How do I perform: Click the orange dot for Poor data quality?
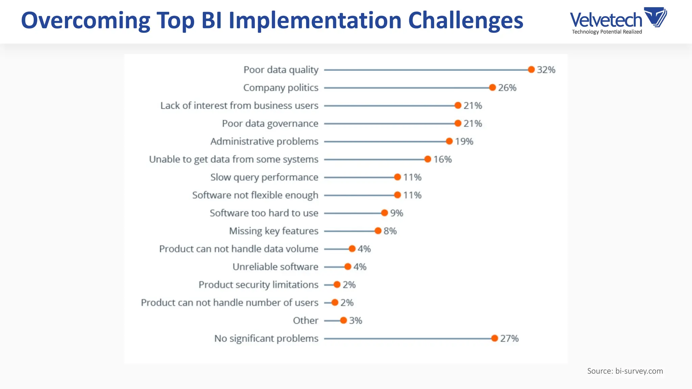(x=531, y=70)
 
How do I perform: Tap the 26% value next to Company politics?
(x=507, y=88)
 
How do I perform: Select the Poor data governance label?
(x=270, y=124)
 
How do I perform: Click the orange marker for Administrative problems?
(x=449, y=141)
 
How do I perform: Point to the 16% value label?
(x=443, y=159)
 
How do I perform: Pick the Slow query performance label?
(x=264, y=177)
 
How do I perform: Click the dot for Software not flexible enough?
(x=397, y=195)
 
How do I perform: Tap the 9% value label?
(x=397, y=213)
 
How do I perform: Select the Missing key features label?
(x=274, y=231)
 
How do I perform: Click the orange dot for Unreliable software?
(x=348, y=267)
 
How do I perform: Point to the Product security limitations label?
(x=258, y=285)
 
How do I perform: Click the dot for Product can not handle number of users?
(x=335, y=303)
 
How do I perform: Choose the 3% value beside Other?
(x=355, y=320)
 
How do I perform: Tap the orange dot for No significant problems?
(x=495, y=338)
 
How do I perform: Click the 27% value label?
(x=509, y=338)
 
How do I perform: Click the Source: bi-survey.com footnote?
(x=625, y=371)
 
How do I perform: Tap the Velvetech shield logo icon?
(x=655, y=17)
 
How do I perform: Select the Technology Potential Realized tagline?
(x=607, y=32)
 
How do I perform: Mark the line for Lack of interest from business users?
(x=389, y=106)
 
